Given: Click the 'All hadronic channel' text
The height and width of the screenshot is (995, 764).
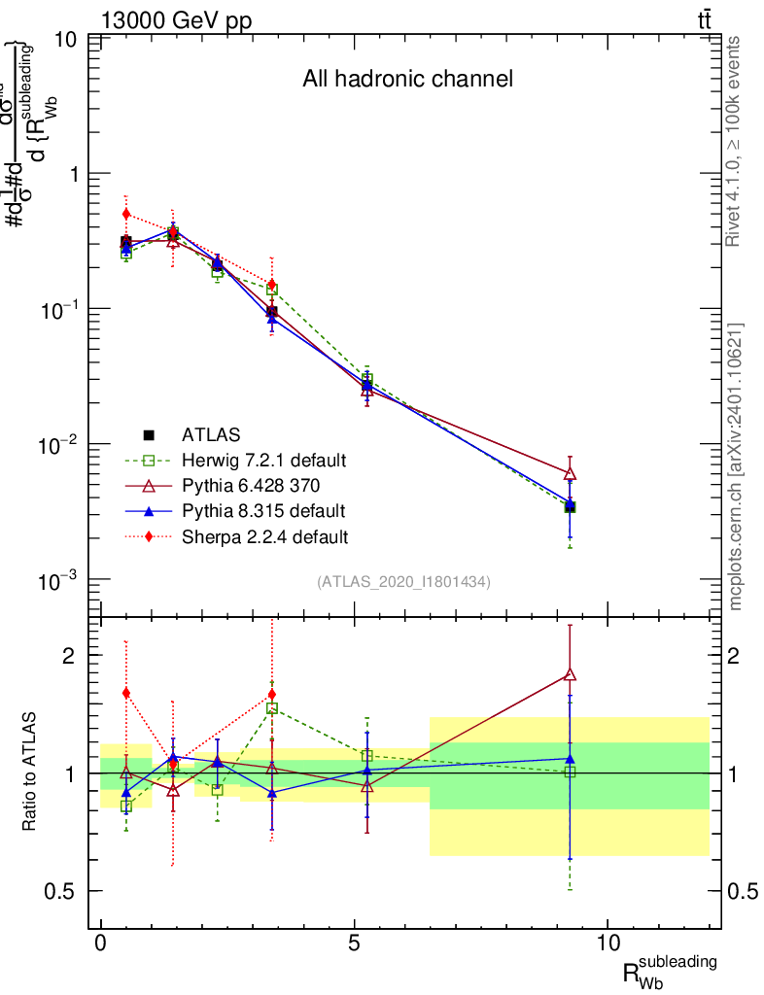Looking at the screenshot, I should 407,79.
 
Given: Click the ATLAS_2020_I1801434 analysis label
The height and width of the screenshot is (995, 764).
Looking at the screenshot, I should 403,581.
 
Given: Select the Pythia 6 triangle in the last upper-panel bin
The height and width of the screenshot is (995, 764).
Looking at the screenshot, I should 570,473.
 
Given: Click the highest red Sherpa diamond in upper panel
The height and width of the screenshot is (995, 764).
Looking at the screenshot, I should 125,214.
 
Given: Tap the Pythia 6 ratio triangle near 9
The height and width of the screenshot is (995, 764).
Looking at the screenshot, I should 570,674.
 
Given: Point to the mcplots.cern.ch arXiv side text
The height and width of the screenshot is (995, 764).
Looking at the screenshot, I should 736,466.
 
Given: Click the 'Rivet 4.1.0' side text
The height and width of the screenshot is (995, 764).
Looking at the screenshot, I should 736,141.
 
